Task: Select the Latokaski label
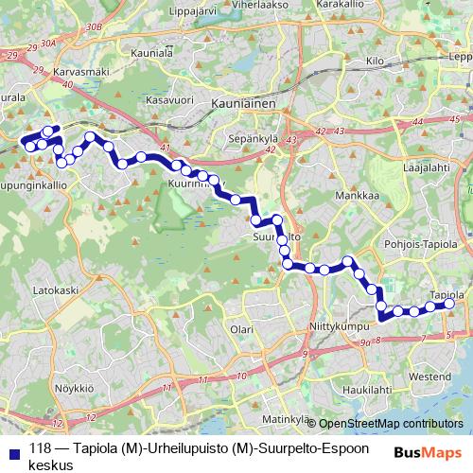54,291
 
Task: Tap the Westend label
430,377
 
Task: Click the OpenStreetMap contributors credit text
391,424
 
